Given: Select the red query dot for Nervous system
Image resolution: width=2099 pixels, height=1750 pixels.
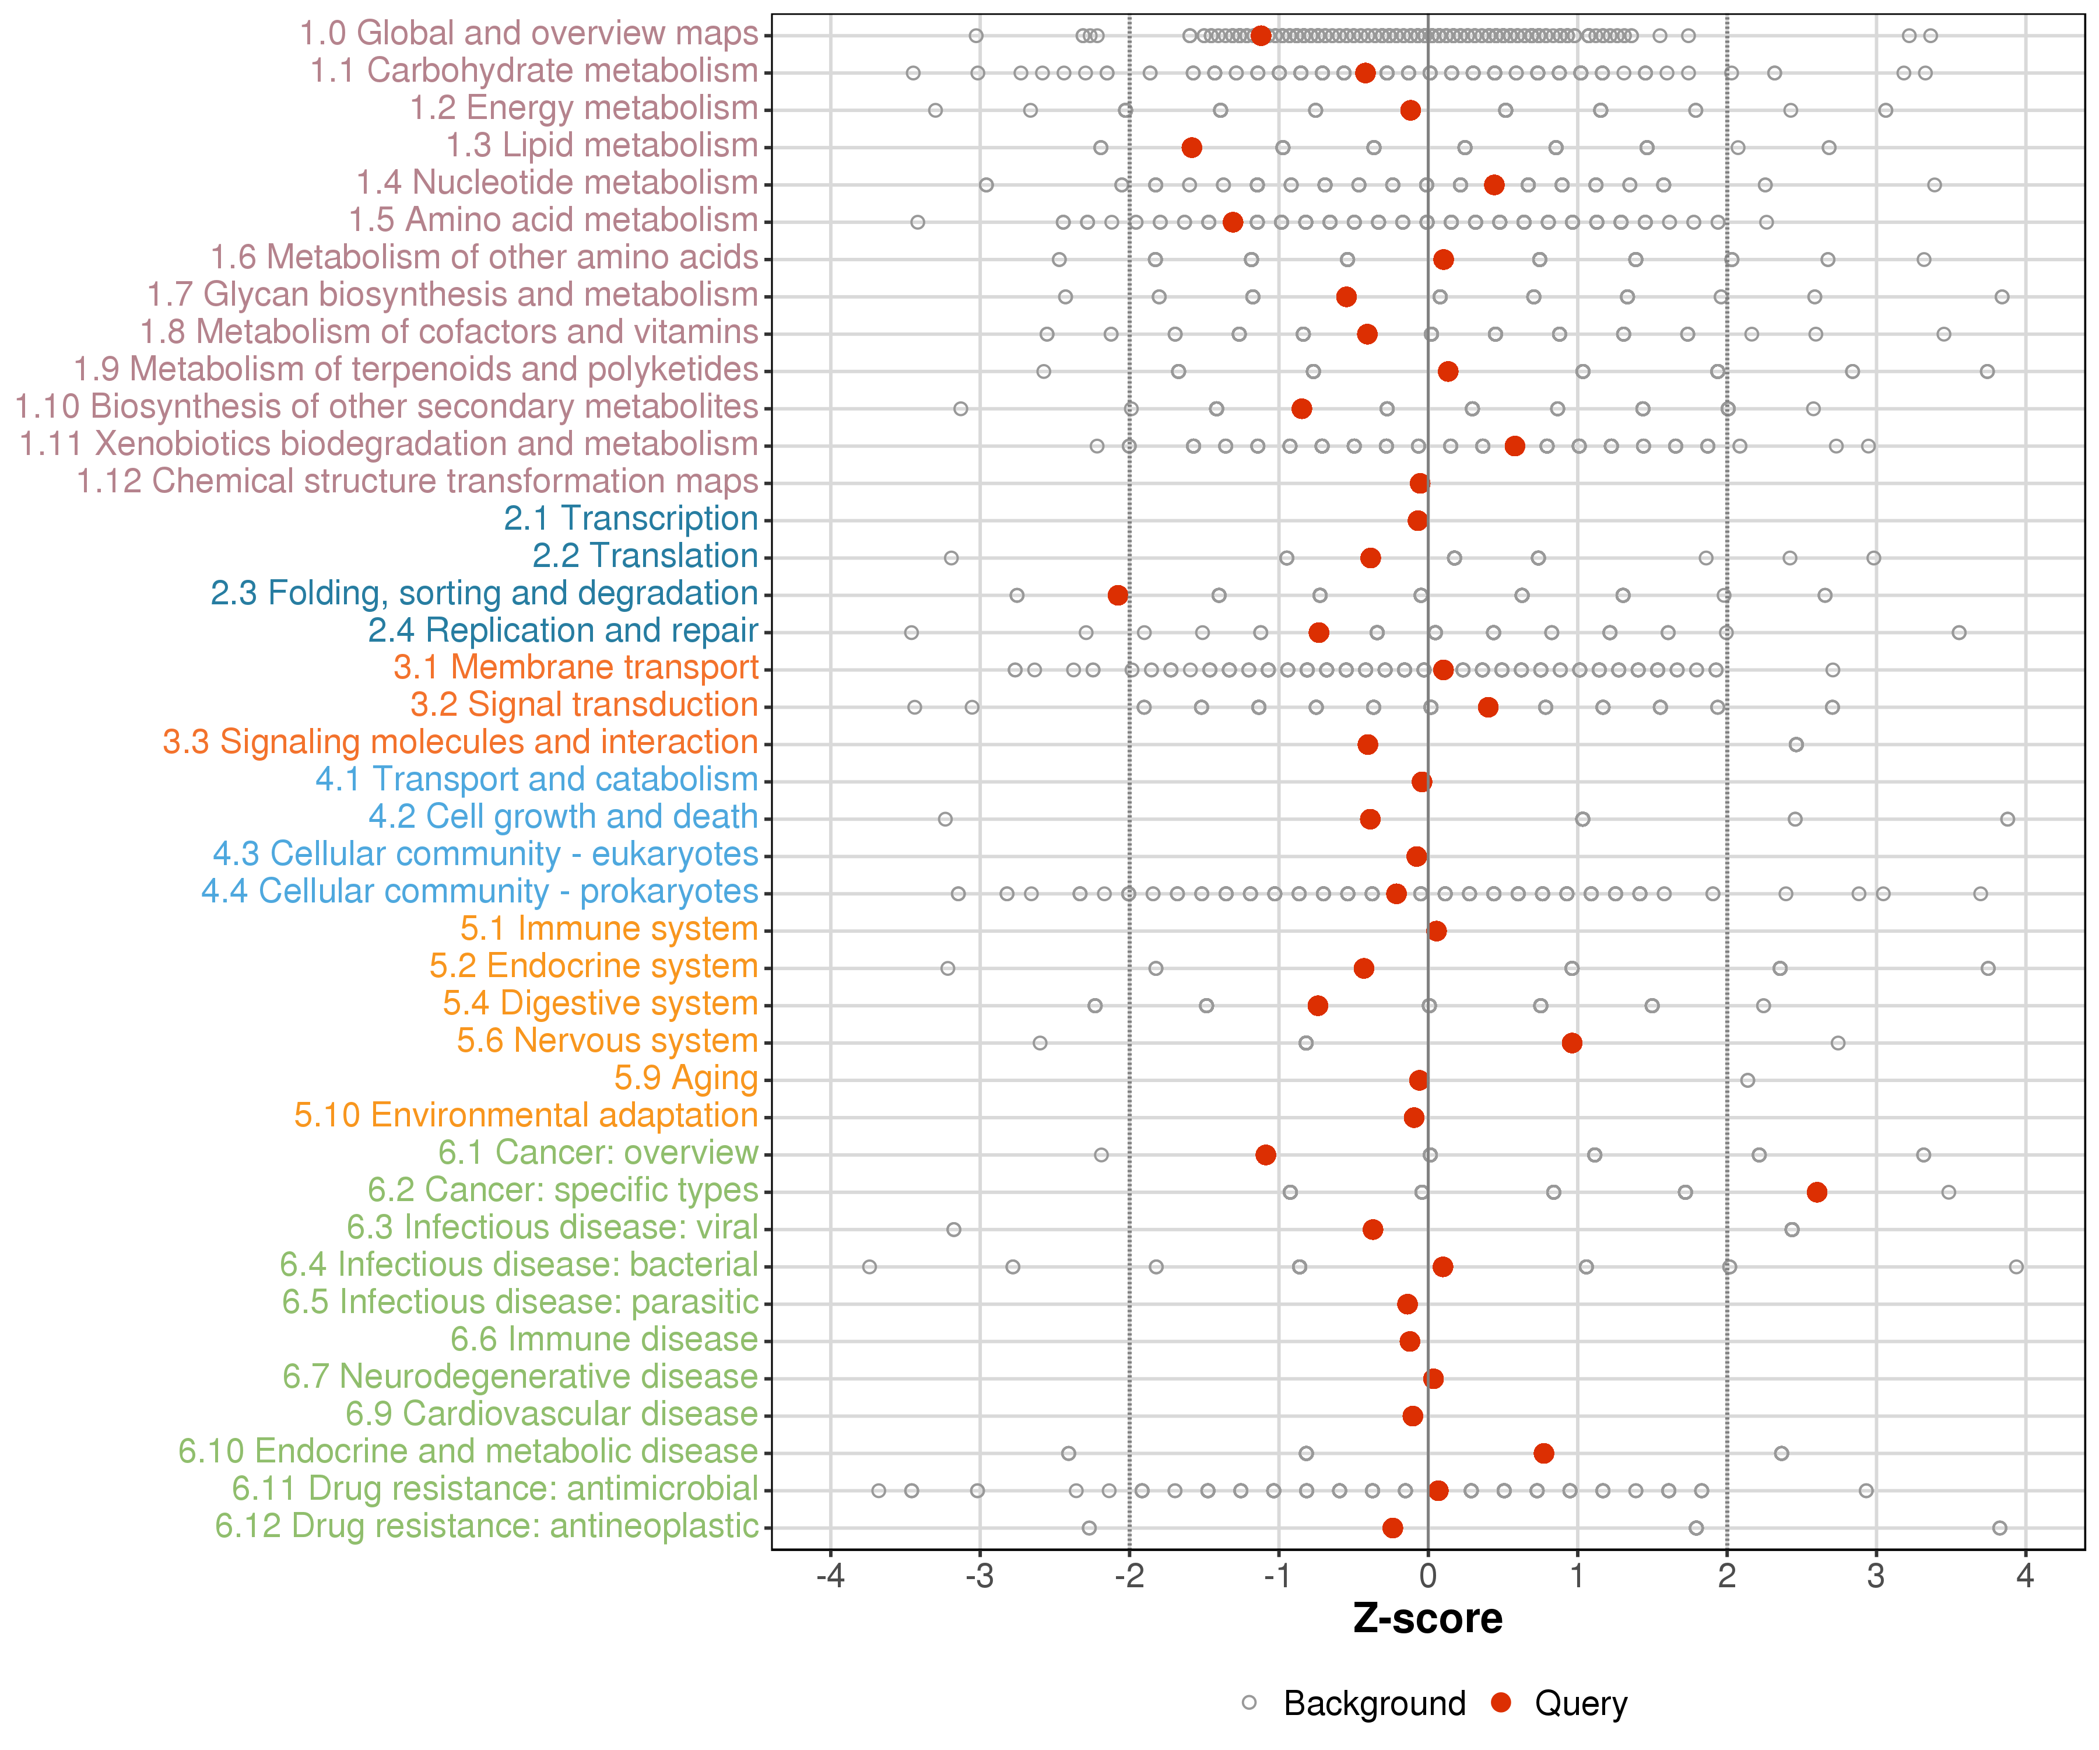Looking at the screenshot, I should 1571,1043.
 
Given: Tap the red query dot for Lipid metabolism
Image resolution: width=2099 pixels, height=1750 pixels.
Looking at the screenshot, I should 1191,148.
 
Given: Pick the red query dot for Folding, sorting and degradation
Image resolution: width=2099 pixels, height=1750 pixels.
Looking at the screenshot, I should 1118,595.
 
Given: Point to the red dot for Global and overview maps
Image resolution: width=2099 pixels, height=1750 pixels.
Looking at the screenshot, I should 1261,36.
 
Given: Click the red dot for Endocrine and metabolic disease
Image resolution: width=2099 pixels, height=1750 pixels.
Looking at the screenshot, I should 1543,1453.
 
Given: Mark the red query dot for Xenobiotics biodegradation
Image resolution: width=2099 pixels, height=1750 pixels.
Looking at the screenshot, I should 1514,446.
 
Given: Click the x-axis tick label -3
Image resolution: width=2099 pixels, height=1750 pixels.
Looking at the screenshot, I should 980,1577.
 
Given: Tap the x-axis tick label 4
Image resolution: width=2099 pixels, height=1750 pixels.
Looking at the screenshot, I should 2025,1577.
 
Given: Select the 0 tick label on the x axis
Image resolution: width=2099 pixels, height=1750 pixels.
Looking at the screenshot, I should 1427,1577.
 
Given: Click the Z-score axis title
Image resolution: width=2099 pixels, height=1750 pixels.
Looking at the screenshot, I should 1427,1619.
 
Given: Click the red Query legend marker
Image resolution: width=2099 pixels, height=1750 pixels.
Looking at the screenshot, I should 1500,1703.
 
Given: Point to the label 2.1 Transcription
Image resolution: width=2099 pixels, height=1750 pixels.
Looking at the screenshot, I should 631,519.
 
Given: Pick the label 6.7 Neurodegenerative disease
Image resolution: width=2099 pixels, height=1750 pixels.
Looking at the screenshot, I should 520,1377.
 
